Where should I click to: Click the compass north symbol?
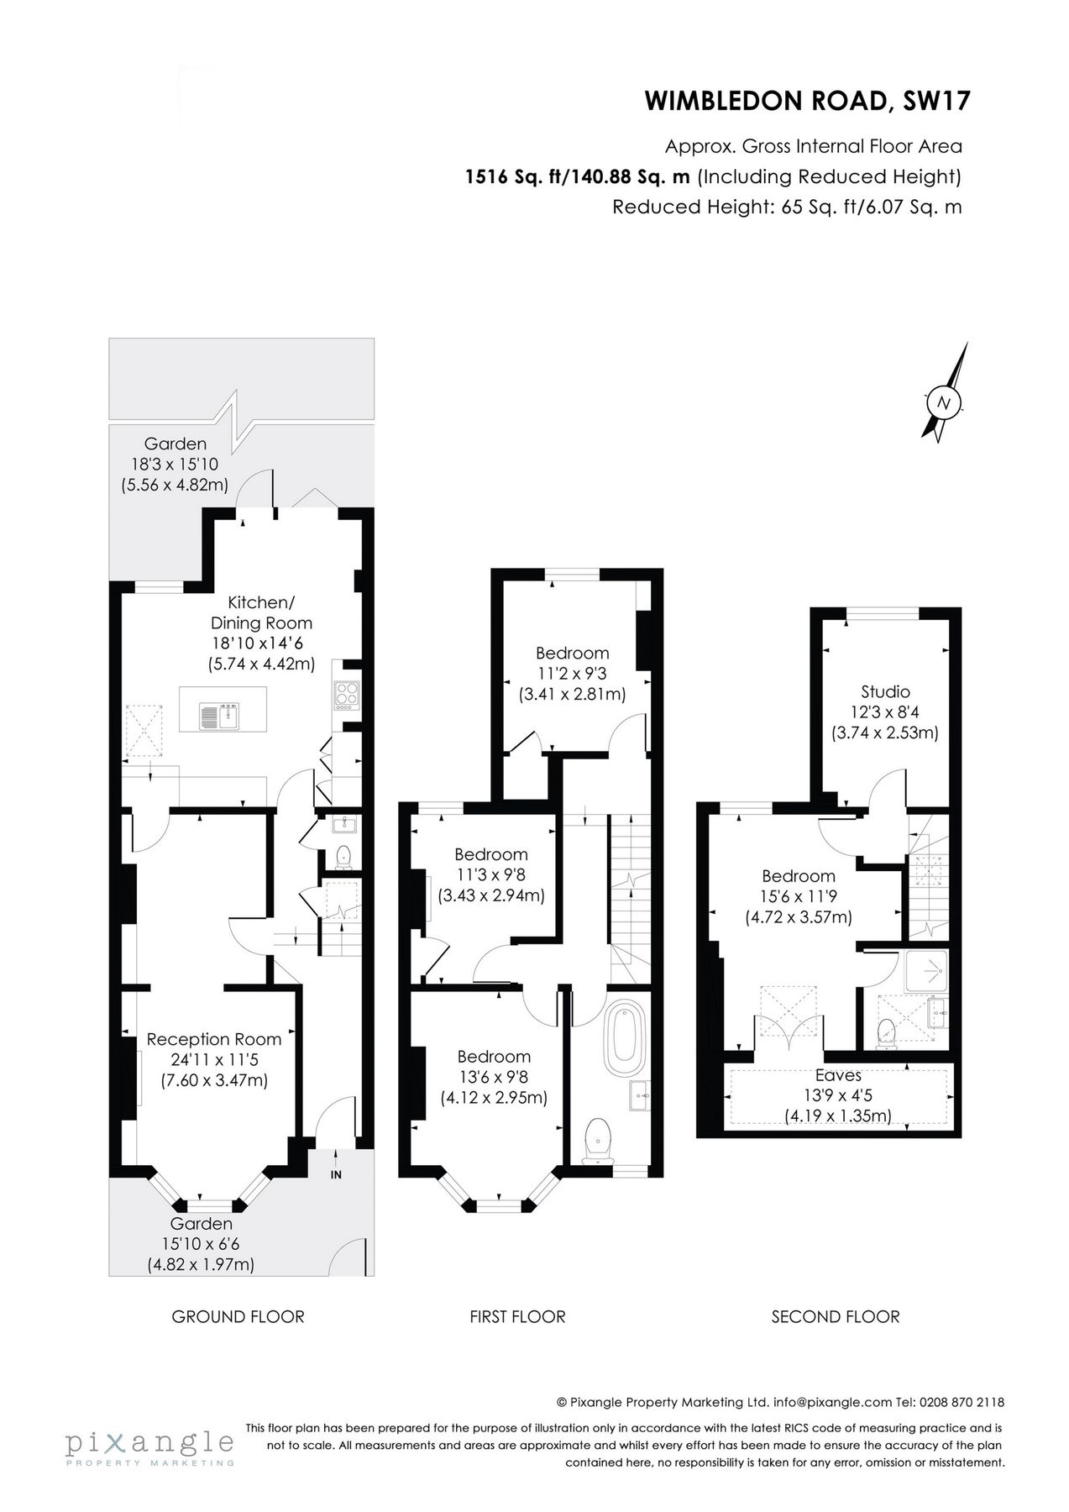click(944, 402)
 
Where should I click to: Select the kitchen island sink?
click(219, 716)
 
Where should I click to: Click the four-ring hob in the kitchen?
click(347, 694)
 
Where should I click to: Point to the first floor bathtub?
click(623, 1034)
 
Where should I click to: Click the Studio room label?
click(885, 692)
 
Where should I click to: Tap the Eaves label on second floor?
click(838, 1075)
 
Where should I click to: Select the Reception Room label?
click(214, 1039)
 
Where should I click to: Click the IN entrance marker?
click(336, 1175)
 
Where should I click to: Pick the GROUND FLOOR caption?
click(238, 1316)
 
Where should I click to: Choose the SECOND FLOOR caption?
click(836, 1316)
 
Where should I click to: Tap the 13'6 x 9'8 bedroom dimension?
click(494, 1077)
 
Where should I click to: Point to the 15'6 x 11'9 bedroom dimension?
click(799, 897)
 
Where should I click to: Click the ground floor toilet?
click(343, 857)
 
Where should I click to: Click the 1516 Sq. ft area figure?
click(516, 176)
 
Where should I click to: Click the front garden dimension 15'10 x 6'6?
click(201, 1244)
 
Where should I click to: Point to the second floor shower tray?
click(925, 972)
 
